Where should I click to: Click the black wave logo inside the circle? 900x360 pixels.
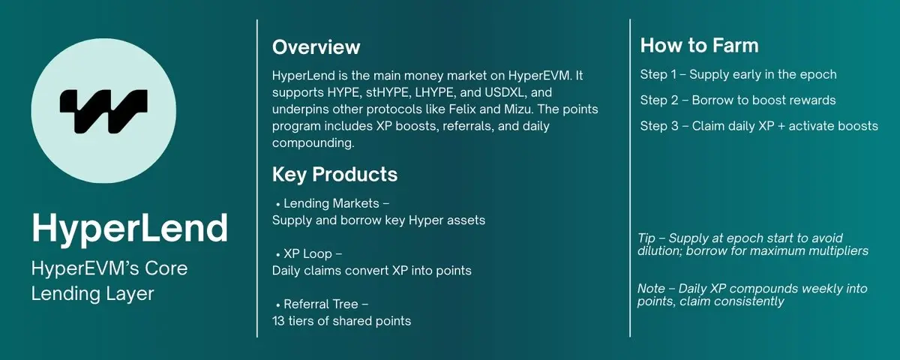point(103,110)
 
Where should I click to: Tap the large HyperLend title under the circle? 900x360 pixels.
point(130,227)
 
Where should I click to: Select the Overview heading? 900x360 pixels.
point(316,47)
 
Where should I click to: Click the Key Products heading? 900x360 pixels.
point(334,175)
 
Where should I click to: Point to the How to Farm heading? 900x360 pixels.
point(699,46)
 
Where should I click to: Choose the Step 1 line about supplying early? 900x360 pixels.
point(738,74)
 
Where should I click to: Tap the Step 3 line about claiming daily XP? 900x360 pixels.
point(758,125)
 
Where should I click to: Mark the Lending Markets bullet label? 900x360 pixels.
point(331,204)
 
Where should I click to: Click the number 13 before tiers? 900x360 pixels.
point(279,320)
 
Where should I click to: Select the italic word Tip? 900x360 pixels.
point(646,236)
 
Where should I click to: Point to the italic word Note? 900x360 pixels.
point(650,288)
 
